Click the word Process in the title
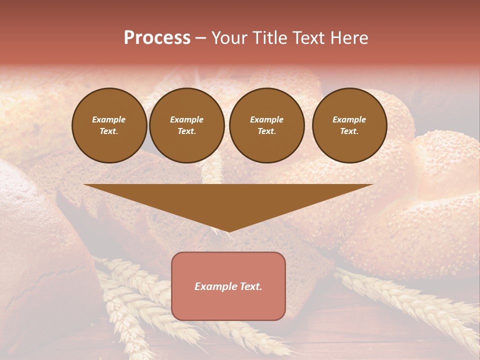coord(157,38)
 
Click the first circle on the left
coord(109,125)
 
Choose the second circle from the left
coord(187,125)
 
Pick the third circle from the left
coord(266,125)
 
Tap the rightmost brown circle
coord(349,125)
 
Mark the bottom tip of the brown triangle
coord(228,231)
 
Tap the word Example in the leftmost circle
coord(109,119)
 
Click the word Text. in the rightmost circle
coord(349,131)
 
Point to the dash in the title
coord(200,38)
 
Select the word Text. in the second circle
coord(187,131)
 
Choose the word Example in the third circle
coord(266,119)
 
